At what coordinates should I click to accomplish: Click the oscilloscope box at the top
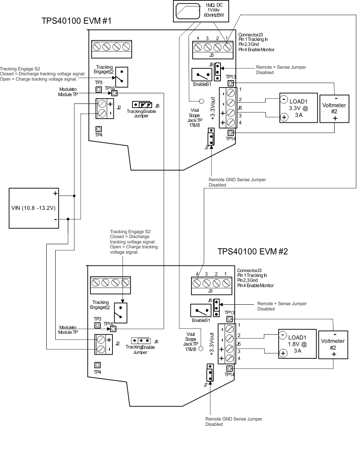click(200, 11)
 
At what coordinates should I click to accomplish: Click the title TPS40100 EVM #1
click(76, 21)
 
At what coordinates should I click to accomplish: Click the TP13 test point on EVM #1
click(231, 83)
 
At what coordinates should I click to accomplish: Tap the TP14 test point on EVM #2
click(230, 368)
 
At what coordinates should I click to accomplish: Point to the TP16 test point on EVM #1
click(115, 93)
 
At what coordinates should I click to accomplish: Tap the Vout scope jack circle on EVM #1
click(201, 101)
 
